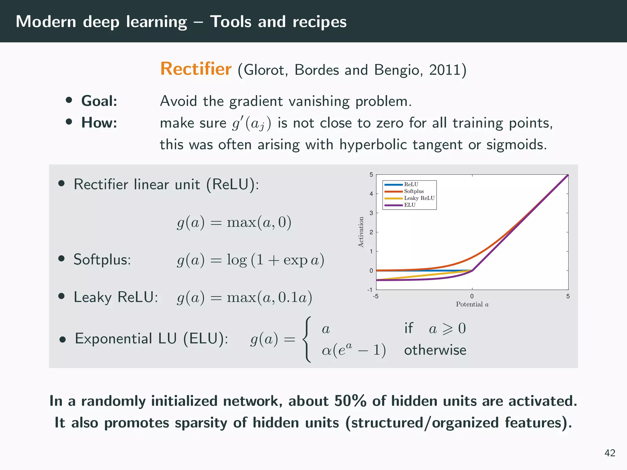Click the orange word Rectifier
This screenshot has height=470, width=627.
click(x=196, y=69)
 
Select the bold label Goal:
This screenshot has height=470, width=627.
click(x=99, y=101)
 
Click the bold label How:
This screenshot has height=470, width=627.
click(x=99, y=123)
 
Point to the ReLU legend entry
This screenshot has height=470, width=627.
click(x=411, y=185)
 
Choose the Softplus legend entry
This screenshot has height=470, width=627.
click(x=414, y=191)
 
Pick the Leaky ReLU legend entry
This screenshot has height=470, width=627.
click(x=419, y=198)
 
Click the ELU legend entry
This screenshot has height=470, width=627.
click(x=410, y=205)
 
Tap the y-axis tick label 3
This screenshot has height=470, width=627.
click(x=371, y=213)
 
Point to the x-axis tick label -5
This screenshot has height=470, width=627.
click(x=375, y=296)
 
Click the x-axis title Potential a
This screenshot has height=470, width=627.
click(x=472, y=304)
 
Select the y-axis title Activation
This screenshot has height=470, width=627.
click(x=361, y=232)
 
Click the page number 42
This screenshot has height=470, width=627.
click(x=610, y=453)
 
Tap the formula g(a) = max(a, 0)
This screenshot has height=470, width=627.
click(x=234, y=222)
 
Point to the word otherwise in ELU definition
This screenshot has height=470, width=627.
click(x=435, y=350)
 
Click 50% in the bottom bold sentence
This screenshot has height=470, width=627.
click(x=350, y=401)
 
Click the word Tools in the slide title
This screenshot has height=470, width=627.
click(x=231, y=22)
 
